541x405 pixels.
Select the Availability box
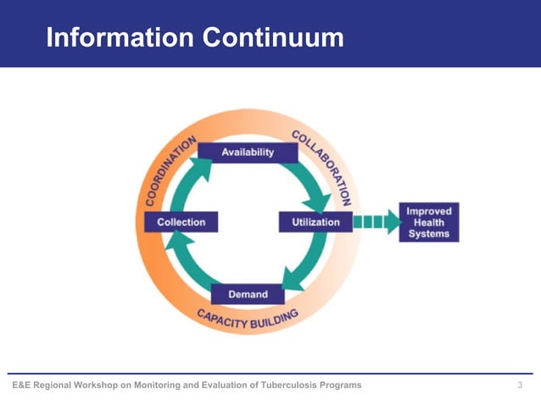[248, 153]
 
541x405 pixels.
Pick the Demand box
[248, 294]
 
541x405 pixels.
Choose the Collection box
[181, 222]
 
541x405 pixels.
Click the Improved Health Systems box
[429, 222]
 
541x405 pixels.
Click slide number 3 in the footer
[520, 386]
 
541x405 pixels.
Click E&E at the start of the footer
[20, 386]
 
